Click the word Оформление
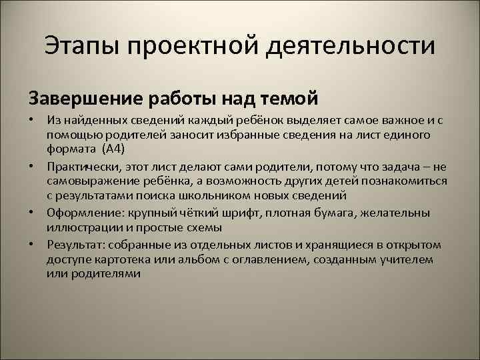coord(79,212)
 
